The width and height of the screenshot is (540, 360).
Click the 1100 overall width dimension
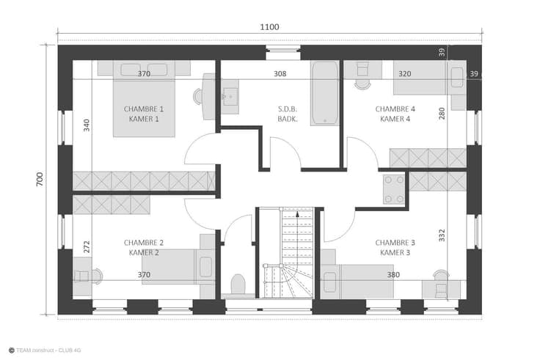coord(269,27)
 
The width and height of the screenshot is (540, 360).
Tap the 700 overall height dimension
coord(40,180)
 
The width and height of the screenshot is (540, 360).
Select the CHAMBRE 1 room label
coord(144,109)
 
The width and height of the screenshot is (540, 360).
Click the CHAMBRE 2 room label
coord(144,243)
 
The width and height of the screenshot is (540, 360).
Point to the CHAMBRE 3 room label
coord(395,243)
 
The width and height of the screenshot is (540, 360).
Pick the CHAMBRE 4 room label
coord(395,109)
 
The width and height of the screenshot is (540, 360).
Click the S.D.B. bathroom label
coord(288,109)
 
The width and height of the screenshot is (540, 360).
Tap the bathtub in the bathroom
coord(324,93)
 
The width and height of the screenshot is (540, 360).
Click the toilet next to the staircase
coord(238,285)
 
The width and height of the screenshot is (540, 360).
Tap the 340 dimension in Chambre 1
coord(87,125)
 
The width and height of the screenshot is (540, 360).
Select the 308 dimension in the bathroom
coord(280,73)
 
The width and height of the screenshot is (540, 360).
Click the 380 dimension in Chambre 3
coord(393,275)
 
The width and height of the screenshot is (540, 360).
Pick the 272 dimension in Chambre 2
coord(87,247)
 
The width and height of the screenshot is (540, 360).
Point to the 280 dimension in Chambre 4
coord(442,114)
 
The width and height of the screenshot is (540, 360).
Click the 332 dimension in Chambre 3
coord(442,235)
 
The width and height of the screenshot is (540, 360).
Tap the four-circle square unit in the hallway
coord(394,189)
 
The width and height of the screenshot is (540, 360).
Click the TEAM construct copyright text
coord(45,350)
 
